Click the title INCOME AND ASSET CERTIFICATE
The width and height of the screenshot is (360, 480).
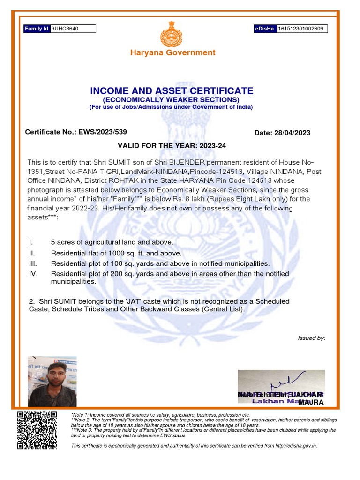[x=172, y=91]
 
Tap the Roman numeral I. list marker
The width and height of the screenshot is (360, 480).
[x=30, y=242]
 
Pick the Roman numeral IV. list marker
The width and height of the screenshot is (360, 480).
[x=33, y=274]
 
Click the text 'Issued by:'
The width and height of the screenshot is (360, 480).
[x=311, y=338]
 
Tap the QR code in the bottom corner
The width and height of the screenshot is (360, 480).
[x=37, y=430]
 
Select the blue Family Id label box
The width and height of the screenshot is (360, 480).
[x=37, y=29]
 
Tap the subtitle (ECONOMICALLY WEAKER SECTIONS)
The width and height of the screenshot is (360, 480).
[x=171, y=100]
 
